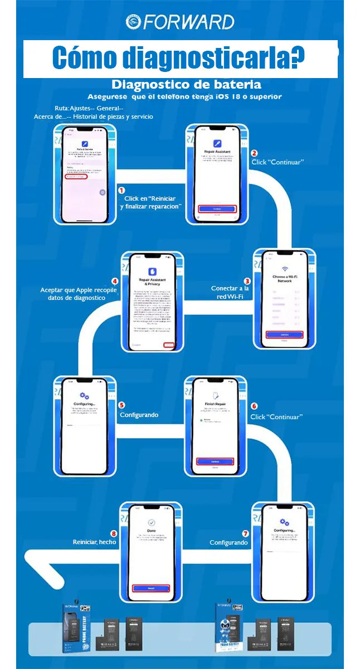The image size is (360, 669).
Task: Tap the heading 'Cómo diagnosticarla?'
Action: coord(178,58)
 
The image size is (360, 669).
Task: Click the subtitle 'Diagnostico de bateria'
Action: coord(186,85)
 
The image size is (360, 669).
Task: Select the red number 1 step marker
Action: coord(121,190)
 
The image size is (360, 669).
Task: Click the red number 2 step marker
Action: coord(255,153)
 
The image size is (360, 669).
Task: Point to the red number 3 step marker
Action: coord(247,281)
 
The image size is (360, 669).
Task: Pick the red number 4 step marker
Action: coord(115,281)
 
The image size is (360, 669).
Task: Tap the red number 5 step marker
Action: coord(122,406)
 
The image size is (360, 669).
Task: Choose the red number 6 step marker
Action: coord(255,406)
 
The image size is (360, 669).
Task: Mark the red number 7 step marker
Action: coord(245,533)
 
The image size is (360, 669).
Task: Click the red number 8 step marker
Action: coord(114,533)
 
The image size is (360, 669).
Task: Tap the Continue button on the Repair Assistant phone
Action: coord(217,209)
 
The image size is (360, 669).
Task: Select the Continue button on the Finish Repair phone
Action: coord(215,461)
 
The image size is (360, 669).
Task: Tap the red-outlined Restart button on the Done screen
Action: coord(151,588)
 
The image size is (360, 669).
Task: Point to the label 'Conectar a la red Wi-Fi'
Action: coord(230,292)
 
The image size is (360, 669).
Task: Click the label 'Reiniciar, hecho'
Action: coord(94,542)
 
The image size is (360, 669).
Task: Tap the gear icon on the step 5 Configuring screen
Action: coord(85,395)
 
